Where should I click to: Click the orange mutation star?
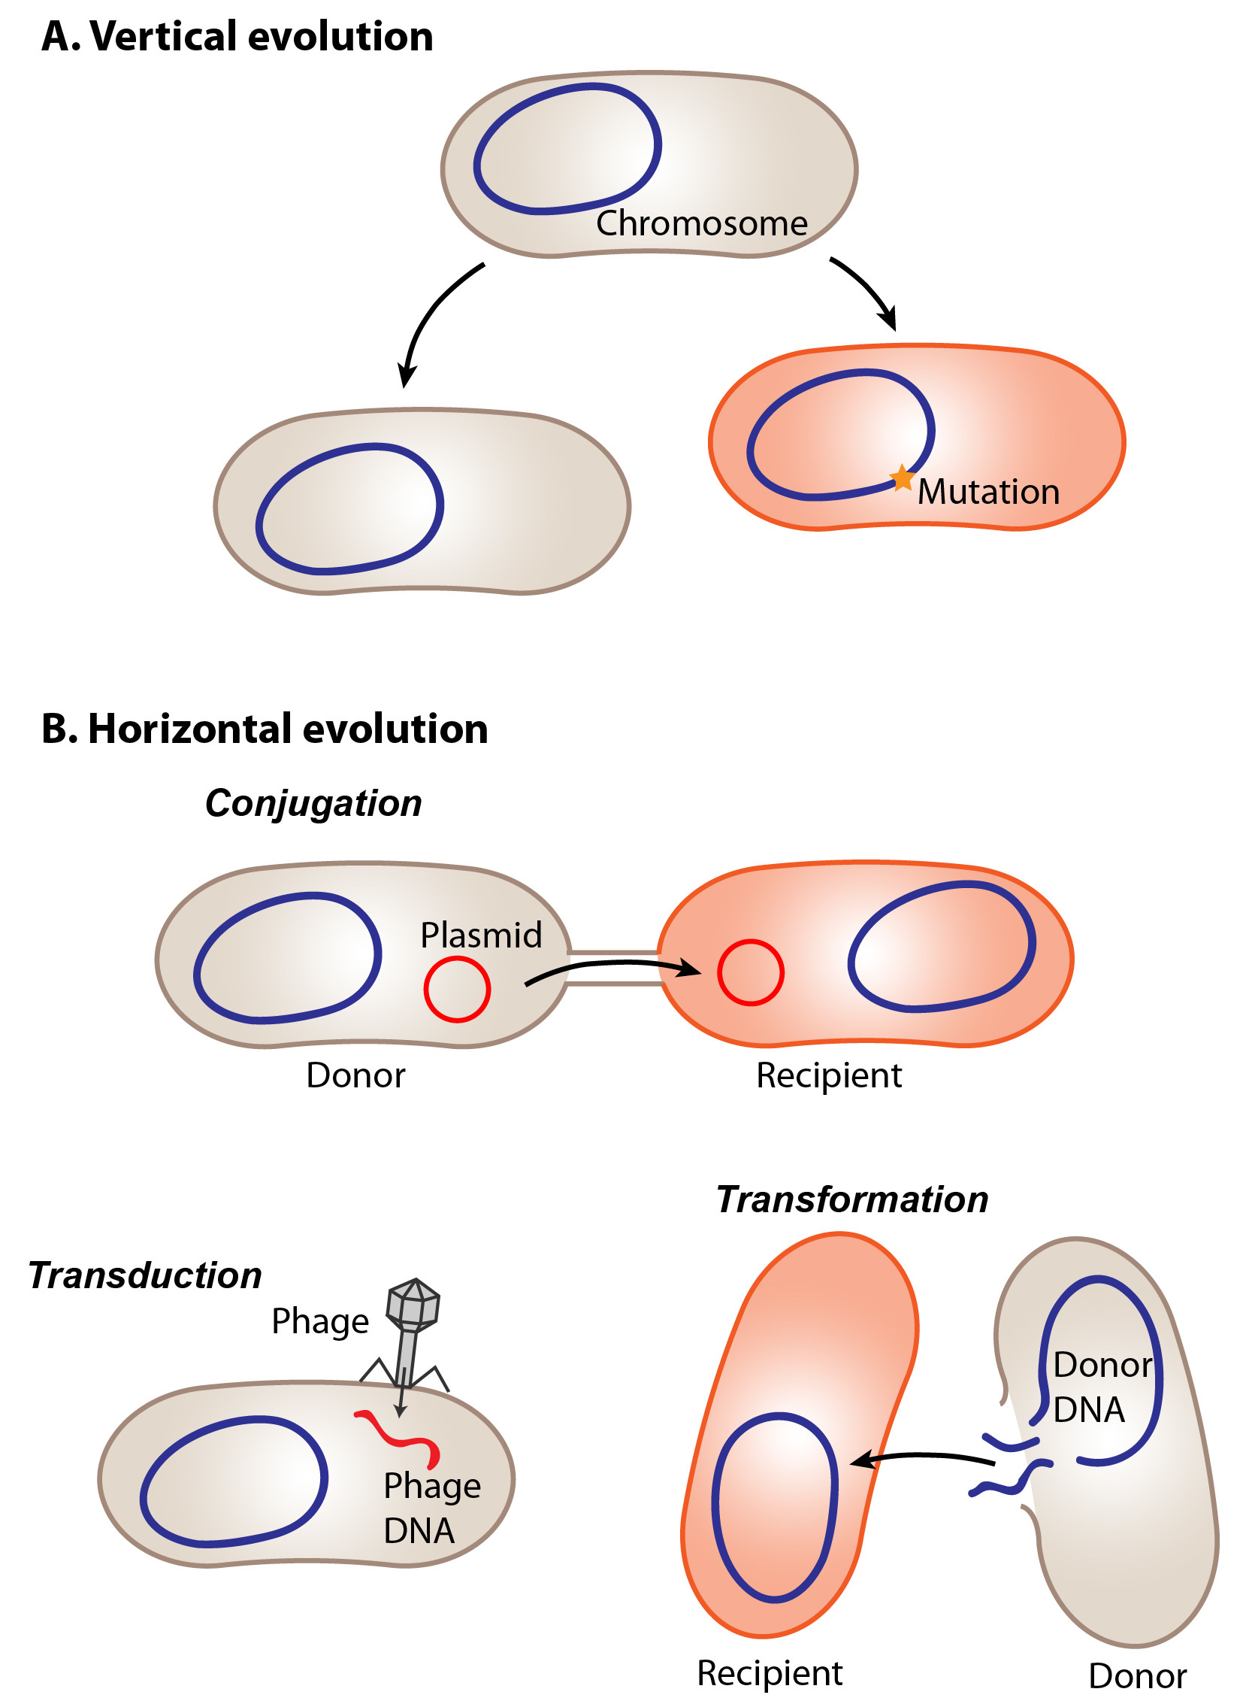point(901,478)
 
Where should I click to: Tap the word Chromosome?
point(701,223)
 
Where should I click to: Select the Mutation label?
point(989,492)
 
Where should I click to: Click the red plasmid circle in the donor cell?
point(457,990)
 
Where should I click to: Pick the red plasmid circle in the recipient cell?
point(751,973)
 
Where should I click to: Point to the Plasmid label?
point(481,935)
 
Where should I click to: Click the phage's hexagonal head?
point(413,1304)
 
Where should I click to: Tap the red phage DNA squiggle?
point(399,1438)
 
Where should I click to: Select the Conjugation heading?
point(314,804)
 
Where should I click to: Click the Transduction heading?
point(145,1276)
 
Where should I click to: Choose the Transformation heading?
point(852,1200)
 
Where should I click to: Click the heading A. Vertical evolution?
point(237,36)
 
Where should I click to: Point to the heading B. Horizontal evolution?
point(265,729)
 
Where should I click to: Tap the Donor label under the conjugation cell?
point(355,1075)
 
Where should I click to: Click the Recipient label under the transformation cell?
point(770,1673)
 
